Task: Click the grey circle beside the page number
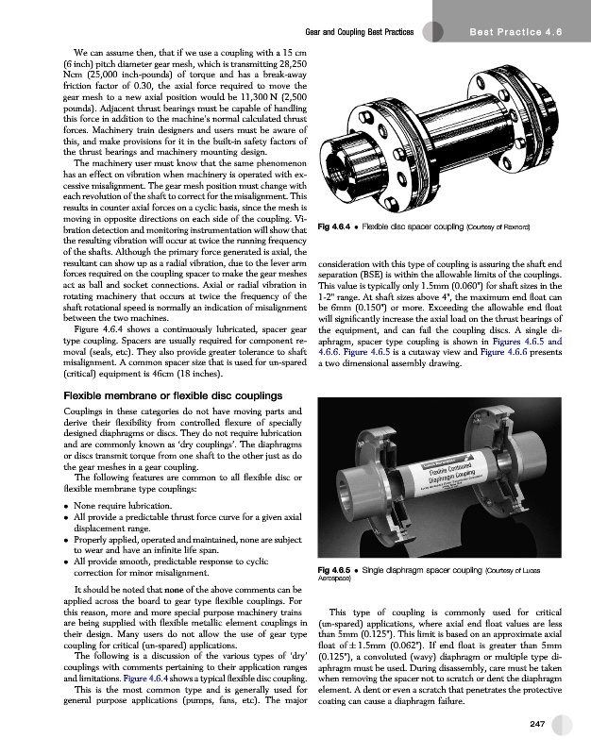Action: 564,725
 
